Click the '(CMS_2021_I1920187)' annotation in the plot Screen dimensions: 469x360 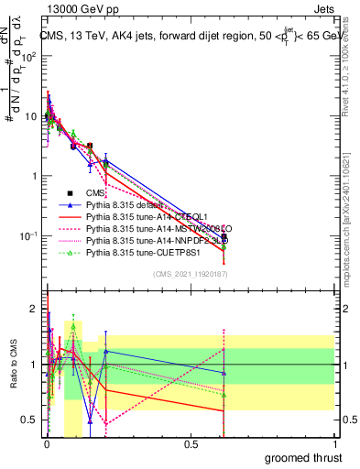[x=190, y=274]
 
